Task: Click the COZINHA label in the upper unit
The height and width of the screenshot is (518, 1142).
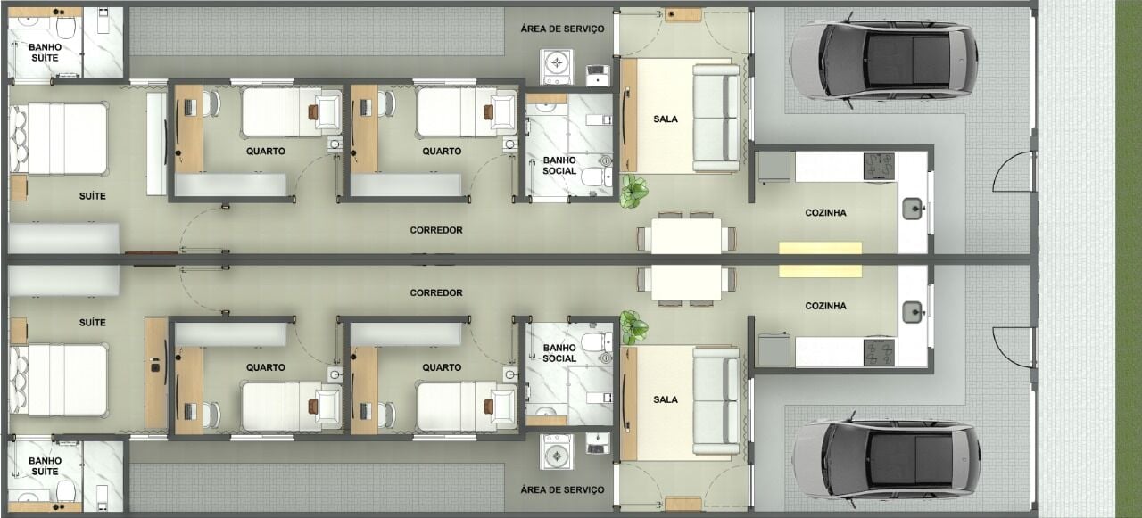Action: click(825, 213)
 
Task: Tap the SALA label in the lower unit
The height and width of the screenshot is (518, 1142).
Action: click(666, 399)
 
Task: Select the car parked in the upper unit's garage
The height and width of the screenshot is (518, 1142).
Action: click(883, 60)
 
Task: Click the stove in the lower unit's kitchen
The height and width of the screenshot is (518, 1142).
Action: click(879, 352)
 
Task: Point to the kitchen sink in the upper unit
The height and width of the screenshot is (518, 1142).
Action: click(913, 209)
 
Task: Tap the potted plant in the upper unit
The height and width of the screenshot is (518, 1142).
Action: click(633, 191)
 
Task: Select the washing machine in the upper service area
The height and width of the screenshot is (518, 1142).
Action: click(556, 67)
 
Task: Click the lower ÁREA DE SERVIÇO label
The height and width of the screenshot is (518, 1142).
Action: click(562, 490)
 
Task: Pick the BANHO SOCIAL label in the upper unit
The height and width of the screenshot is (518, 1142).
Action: click(559, 166)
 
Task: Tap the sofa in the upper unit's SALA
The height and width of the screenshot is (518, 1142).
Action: click(716, 119)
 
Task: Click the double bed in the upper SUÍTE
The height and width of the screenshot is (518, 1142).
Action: click(58, 139)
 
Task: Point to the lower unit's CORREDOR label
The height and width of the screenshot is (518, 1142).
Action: click(436, 292)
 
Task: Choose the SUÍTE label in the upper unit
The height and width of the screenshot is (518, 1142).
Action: click(92, 196)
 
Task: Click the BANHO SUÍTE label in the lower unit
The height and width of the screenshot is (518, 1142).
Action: click(45, 466)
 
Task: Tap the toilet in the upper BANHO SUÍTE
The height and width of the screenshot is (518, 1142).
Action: click(66, 26)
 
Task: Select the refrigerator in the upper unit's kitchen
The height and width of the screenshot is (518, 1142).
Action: click(774, 167)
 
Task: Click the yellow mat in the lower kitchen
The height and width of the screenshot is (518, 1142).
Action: click(820, 271)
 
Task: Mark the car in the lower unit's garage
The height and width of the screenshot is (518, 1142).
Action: click(886, 460)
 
